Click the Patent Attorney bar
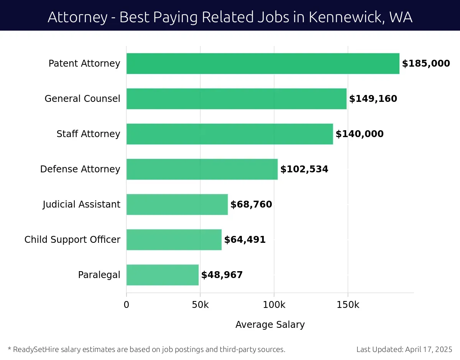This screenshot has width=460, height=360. click(263, 64)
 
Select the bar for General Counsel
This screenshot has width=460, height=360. click(237, 99)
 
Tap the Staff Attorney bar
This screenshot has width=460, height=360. click(230, 134)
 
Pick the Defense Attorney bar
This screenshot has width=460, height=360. click(202, 169)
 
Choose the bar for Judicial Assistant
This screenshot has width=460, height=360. click(177, 205)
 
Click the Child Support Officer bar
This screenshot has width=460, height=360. click(174, 240)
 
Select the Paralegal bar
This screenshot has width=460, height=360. click(163, 275)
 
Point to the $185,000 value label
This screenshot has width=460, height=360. click(426, 64)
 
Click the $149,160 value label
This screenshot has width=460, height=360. click(373, 99)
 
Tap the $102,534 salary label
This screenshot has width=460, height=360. click(304, 169)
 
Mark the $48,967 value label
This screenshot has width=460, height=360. click(222, 275)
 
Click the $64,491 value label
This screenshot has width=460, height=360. click(245, 240)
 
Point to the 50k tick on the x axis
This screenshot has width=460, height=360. click(200, 305)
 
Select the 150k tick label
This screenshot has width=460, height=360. click(348, 305)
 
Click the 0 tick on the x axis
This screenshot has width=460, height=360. click(127, 305)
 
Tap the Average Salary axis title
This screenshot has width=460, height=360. click(270, 325)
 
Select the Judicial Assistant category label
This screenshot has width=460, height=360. click(81, 205)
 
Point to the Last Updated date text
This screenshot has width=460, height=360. click(404, 349)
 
